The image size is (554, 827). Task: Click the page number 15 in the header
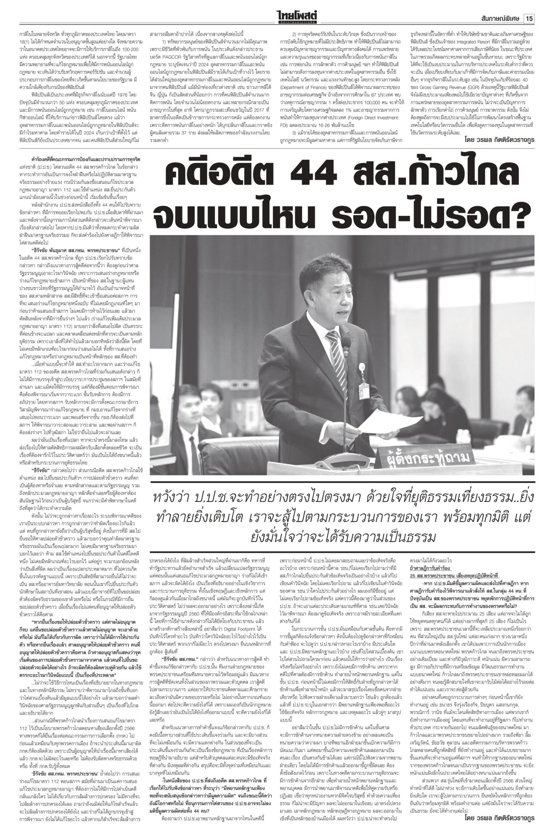[x=529, y=7]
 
